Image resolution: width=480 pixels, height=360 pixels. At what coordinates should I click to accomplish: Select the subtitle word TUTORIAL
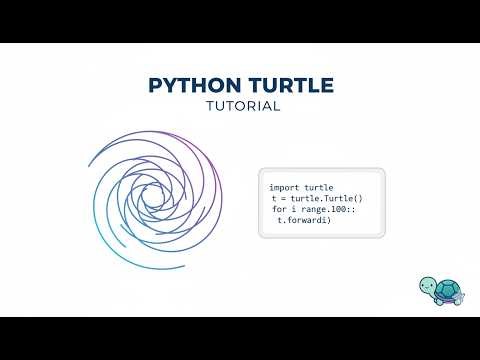tap(240, 106)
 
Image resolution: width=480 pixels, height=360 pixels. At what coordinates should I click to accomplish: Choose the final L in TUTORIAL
tap(275, 106)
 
